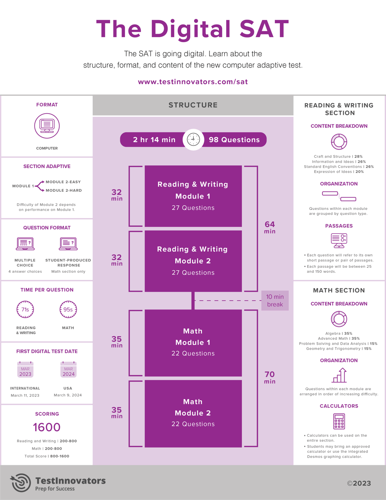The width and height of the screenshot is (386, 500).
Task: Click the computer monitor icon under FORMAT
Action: click(47, 126)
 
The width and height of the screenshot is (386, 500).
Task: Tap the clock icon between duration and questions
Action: click(193, 139)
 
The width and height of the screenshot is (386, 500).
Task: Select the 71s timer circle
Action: click(25, 309)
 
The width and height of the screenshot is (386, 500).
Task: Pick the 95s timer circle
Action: click(68, 309)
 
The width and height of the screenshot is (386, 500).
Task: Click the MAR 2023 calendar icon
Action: click(25, 369)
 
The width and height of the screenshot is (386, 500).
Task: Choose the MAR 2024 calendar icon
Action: click(68, 369)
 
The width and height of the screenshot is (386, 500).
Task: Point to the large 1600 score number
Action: click(47, 427)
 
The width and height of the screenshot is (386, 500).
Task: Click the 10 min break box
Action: click(275, 301)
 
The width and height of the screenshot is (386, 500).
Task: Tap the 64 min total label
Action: click(270, 227)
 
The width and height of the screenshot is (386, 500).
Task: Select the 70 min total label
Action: click(270, 378)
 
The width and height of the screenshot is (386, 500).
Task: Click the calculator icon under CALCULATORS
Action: click(339, 421)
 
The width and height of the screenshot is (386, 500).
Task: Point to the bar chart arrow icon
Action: click(339, 375)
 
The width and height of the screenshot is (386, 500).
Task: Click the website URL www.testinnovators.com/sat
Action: click(193, 82)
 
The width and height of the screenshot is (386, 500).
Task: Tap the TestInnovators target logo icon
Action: click(20, 483)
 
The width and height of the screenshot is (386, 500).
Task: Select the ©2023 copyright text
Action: click(359, 483)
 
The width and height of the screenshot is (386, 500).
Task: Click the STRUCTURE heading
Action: click(193, 105)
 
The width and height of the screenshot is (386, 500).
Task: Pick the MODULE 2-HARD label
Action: click(64, 190)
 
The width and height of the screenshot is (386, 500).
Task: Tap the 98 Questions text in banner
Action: click(234, 139)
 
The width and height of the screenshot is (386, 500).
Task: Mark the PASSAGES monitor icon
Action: click(339, 240)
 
